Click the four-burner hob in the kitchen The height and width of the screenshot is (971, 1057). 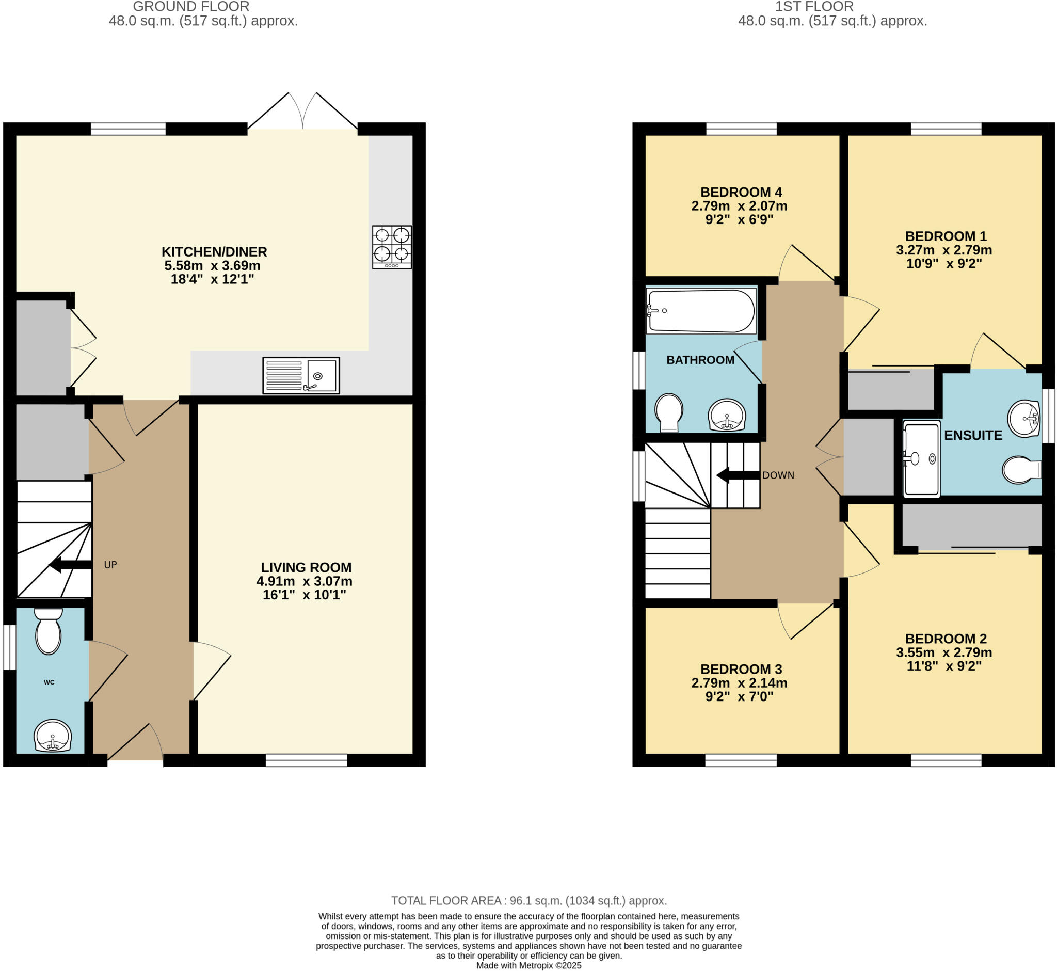pos(392,247)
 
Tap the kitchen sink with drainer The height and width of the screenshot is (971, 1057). pos(301,375)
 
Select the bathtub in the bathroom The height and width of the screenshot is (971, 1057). pos(701,311)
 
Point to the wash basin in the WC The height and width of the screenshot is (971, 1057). pos(53,735)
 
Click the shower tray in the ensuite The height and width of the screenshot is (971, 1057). pos(921,459)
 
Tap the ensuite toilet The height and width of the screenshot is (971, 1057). pos(1021,469)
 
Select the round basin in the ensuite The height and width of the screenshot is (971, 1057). pos(1024,418)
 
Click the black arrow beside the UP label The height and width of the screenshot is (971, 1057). pos(70,565)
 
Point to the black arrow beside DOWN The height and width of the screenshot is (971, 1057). pos(738,475)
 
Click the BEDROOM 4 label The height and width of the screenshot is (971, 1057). pos(741,193)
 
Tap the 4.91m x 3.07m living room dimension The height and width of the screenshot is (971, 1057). pos(304,581)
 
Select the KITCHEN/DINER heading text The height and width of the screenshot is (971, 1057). pos(214,252)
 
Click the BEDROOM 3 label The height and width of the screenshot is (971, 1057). pos(741,669)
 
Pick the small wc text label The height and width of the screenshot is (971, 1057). pos(49,682)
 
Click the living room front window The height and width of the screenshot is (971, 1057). pos(306,760)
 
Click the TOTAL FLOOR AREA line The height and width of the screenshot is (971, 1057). pos(528,901)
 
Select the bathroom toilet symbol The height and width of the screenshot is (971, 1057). pos(669,412)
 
